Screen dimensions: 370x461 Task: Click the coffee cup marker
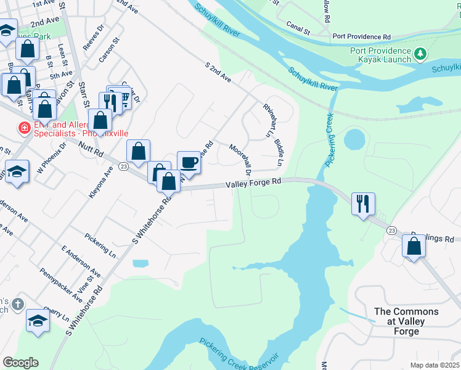click(189, 162)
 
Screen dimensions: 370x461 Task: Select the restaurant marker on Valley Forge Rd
click(363, 203)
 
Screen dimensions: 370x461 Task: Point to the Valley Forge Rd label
click(253, 183)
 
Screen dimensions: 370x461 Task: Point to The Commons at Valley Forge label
click(406, 321)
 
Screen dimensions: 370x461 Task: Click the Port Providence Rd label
click(362, 36)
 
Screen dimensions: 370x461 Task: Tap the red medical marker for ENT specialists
click(24, 128)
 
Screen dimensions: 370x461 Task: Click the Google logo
click(20, 363)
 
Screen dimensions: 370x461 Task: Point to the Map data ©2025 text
click(434, 365)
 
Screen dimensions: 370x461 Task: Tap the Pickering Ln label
click(100, 245)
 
